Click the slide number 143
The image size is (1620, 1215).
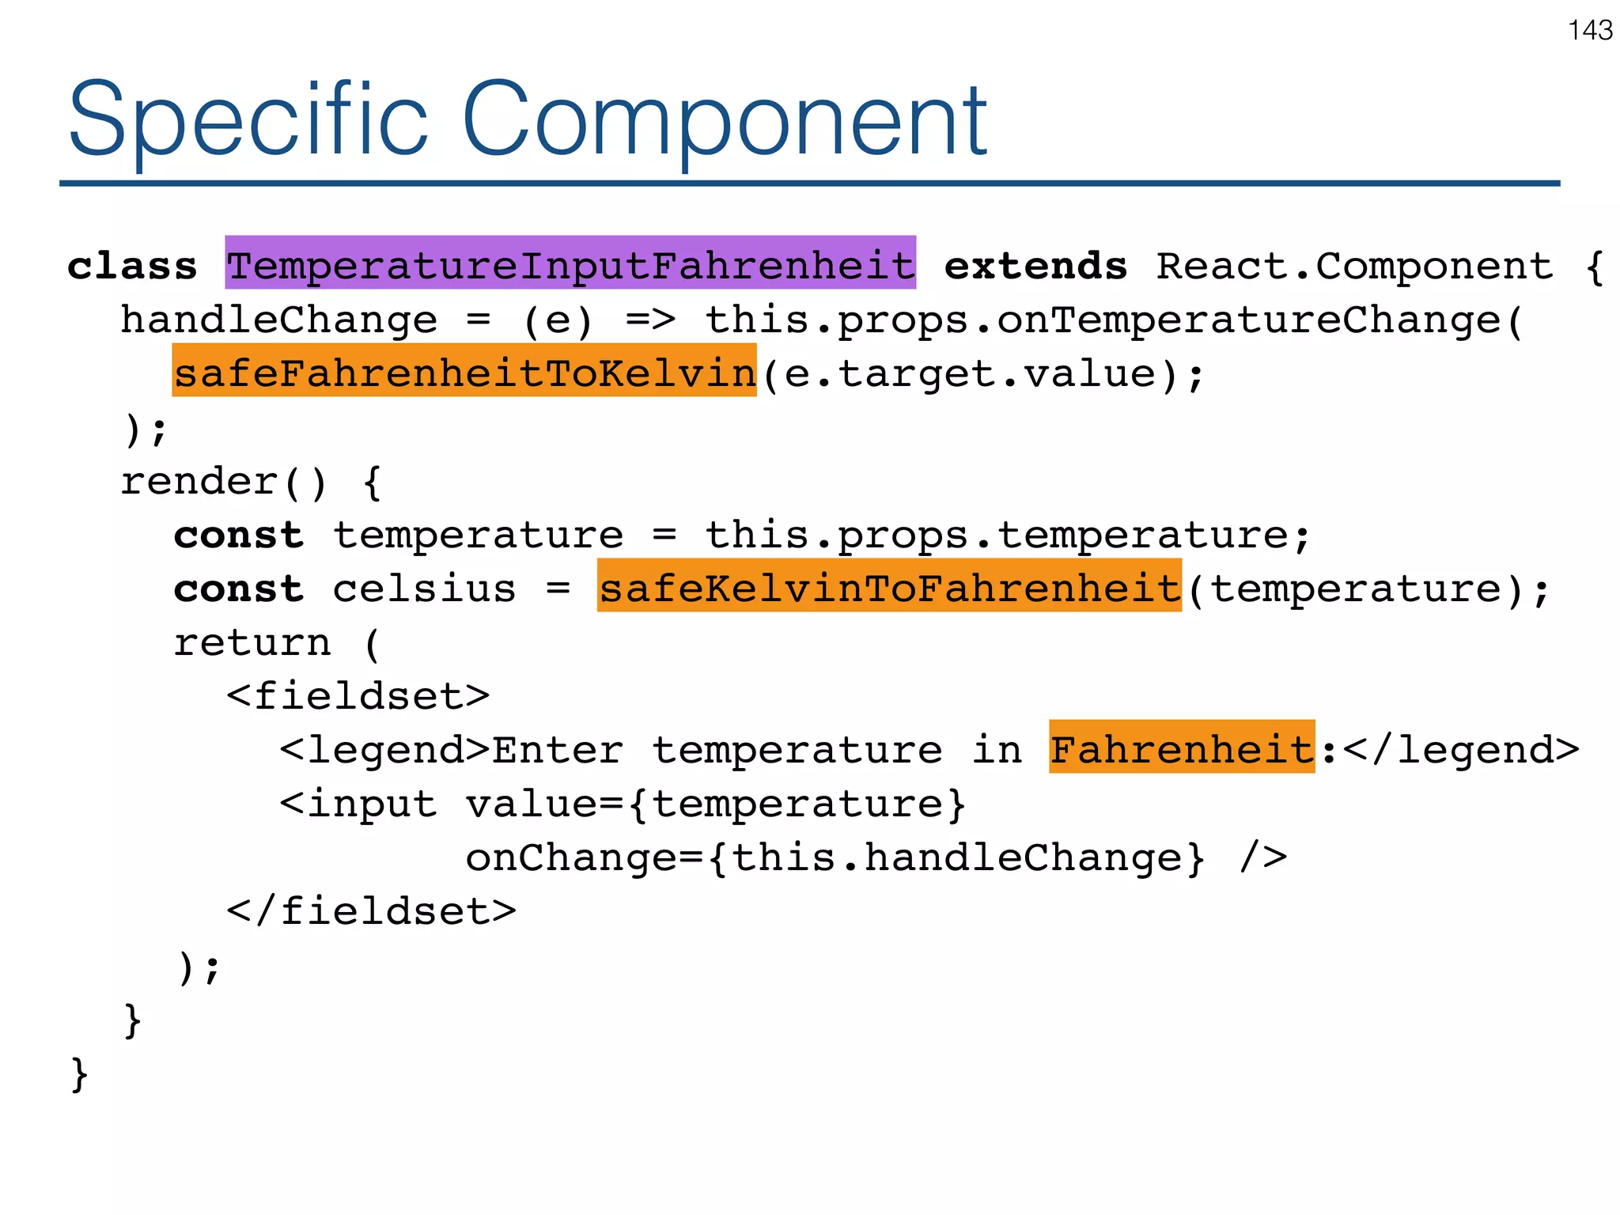(1590, 31)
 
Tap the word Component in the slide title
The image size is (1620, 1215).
(723, 120)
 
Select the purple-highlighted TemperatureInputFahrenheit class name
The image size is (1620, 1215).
(570, 264)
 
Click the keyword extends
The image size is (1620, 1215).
(1035, 266)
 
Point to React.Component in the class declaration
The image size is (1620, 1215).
(1354, 266)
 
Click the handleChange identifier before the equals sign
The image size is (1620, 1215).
(278, 320)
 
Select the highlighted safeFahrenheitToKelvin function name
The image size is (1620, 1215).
(464, 372)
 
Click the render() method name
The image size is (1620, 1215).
(222, 481)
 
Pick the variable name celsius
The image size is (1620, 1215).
(424, 589)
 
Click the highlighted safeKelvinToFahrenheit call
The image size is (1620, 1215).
(889, 587)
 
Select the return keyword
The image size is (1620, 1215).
(252, 642)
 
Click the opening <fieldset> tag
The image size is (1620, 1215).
(358, 696)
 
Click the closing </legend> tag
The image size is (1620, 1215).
(1461, 750)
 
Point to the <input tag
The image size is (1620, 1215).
(358, 804)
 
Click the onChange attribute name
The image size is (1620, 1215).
(571, 857)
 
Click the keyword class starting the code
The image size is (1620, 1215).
(132, 266)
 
